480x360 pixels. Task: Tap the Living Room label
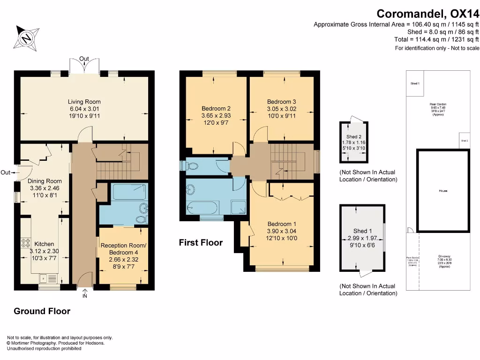[84, 102]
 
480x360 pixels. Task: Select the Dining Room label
[45, 181]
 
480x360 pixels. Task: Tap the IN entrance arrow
[85, 293]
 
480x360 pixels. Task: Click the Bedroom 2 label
[216, 108]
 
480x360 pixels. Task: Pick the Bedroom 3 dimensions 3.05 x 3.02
[282, 109]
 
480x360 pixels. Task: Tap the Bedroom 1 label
[281, 224]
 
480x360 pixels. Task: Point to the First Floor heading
[201, 242]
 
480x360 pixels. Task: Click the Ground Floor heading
[42, 311]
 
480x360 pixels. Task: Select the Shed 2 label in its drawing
[353, 137]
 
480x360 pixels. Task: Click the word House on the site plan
[443, 191]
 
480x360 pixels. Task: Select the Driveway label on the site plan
[444, 256]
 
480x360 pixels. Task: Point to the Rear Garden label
[437, 104]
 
